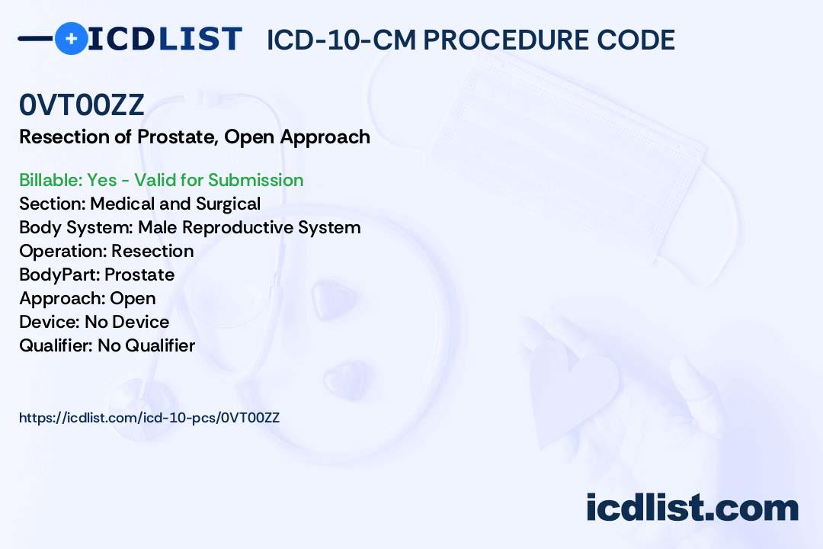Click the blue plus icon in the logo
click(71, 38)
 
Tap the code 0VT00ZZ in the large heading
click(82, 104)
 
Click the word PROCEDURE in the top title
click(505, 40)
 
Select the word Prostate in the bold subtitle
click(178, 136)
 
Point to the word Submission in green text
click(255, 180)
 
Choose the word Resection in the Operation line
click(152, 251)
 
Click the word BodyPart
click(59, 274)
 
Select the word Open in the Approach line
click(133, 298)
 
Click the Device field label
click(50, 322)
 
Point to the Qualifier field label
click(56, 345)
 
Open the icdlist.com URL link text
click(149, 418)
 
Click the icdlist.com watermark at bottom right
click(692, 507)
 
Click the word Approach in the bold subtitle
click(325, 137)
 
